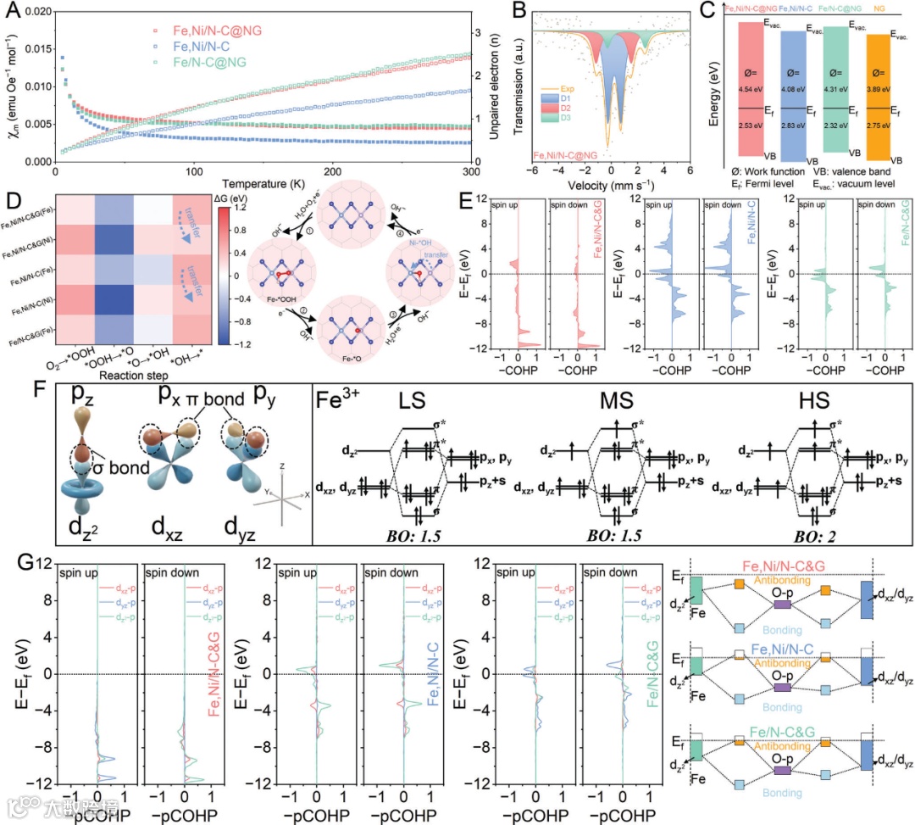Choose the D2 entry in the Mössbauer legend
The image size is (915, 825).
point(569,109)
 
